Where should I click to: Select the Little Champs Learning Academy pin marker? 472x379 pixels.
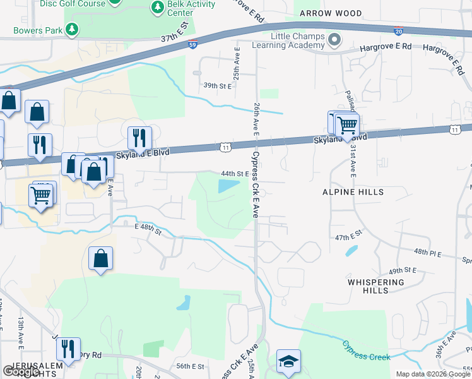point(334,40)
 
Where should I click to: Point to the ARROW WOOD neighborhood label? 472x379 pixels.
point(331,13)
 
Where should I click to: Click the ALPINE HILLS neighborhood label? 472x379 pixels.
point(353,191)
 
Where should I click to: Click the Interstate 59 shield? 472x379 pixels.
point(193,44)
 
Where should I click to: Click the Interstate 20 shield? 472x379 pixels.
point(398,30)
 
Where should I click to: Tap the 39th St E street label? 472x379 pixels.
point(216,85)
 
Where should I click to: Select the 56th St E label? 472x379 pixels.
point(191,366)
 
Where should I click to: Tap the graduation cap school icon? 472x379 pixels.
point(288,361)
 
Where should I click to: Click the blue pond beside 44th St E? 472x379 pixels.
point(228,186)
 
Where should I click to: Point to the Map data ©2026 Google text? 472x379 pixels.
point(432,374)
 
